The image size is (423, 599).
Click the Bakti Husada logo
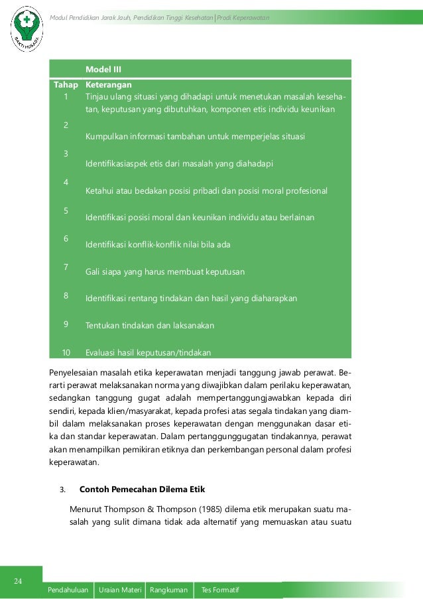pyautogui.click(x=27, y=27)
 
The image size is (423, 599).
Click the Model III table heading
pyautogui.click(x=103, y=69)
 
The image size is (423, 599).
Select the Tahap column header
pyautogui.click(x=66, y=85)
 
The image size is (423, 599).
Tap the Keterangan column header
pyautogui.click(x=108, y=85)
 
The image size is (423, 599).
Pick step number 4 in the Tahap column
pyautogui.click(x=66, y=181)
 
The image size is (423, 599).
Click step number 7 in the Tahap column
pyautogui.click(x=66, y=267)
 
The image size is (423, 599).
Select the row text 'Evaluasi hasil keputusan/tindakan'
pyautogui.click(x=152, y=352)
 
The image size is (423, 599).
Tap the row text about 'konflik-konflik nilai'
pyautogui.click(x=158, y=245)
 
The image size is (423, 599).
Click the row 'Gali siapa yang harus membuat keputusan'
pyautogui.click(x=165, y=272)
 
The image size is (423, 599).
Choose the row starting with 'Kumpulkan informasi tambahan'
pyautogui.click(x=195, y=137)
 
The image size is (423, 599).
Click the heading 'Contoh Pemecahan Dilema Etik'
pyautogui.click(x=143, y=490)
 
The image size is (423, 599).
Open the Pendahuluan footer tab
pyautogui.click(x=69, y=590)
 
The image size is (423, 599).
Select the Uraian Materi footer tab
pyautogui.click(x=120, y=590)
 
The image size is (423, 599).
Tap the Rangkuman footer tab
pyautogui.click(x=168, y=590)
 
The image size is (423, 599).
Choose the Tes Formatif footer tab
pyautogui.click(x=219, y=590)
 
